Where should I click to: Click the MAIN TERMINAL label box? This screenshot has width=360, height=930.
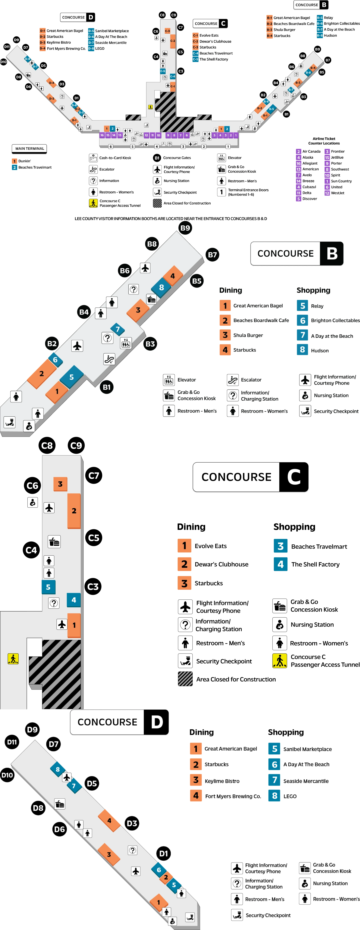[x=30, y=148]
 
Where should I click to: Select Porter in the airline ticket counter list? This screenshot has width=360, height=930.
[x=336, y=163]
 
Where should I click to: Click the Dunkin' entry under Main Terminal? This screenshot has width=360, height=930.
[x=25, y=161]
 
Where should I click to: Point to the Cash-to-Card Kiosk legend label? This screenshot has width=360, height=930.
[x=115, y=158]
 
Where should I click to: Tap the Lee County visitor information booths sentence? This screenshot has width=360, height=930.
[x=170, y=218]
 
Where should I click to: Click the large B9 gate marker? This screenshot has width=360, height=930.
[x=185, y=228]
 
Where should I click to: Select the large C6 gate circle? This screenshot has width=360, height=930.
[x=32, y=486]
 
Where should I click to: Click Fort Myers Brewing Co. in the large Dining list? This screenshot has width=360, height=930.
[x=233, y=796]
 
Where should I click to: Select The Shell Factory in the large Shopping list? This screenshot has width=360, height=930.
[x=315, y=564]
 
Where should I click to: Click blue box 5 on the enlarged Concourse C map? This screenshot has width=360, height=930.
[x=48, y=587]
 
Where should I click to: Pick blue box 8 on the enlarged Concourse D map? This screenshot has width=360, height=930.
[x=57, y=769]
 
